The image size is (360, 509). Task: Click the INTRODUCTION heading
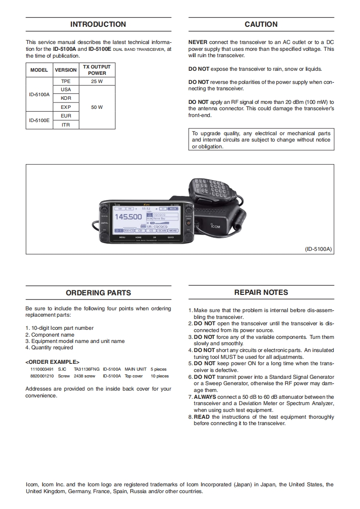tap(98, 24)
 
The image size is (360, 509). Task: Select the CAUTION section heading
tap(261, 24)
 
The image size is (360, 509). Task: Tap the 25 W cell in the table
tap(97, 81)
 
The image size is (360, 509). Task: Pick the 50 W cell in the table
tap(97, 108)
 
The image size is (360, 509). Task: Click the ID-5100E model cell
tap(39, 121)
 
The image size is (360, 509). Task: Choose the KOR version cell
tap(66, 98)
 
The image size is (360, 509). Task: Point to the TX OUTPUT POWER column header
tap(97, 70)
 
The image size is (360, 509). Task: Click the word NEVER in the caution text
tap(198, 42)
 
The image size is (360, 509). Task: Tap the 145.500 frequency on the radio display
tap(128, 217)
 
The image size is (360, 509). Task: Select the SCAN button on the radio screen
tap(163, 230)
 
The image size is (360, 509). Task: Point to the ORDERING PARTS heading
tap(98, 293)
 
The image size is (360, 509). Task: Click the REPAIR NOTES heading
tap(261, 293)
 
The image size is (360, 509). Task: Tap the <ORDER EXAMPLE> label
tap(52, 362)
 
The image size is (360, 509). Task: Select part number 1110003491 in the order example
tap(42, 369)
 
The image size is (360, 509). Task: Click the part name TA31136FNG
tap(86, 369)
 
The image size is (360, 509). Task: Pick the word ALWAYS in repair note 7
tap(205, 397)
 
